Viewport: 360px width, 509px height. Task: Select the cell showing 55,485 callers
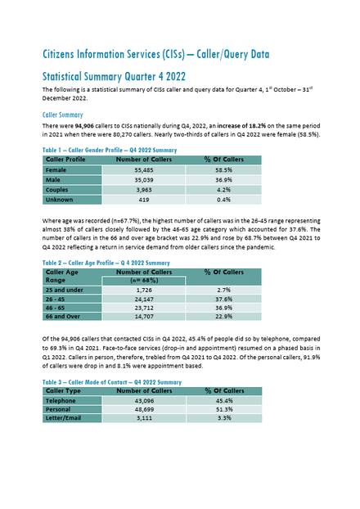[144, 169]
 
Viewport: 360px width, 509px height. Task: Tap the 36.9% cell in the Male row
[223, 180]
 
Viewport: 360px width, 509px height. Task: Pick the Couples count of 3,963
[144, 190]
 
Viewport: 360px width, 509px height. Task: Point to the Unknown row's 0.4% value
[223, 200]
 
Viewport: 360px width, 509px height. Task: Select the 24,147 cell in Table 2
[144, 299]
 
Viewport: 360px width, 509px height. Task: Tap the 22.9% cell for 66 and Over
[223, 316]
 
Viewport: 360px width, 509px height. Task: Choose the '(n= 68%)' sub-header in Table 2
[144, 280]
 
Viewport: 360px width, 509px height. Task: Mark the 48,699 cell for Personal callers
[144, 409]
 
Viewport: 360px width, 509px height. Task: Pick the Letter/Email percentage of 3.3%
[224, 418]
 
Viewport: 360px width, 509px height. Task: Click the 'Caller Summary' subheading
[63, 115]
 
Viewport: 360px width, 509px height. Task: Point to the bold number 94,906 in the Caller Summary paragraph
[85, 126]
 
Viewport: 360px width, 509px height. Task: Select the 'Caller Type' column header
[63, 391]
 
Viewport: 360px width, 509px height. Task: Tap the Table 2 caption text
[106, 263]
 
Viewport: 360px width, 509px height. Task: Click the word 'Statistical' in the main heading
[61, 77]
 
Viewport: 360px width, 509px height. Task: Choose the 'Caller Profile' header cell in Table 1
[65, 160]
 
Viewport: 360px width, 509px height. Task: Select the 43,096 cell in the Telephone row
[144, 401]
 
